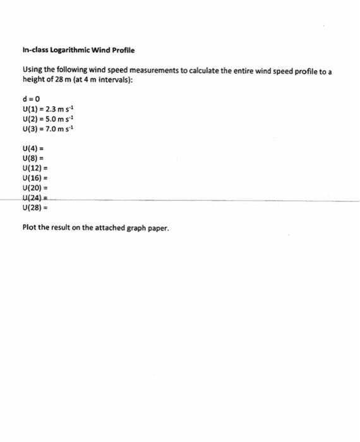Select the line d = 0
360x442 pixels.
pos(31,99)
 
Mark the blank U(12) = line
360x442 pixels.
pos(35,169)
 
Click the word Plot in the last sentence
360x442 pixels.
pos(28,229)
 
